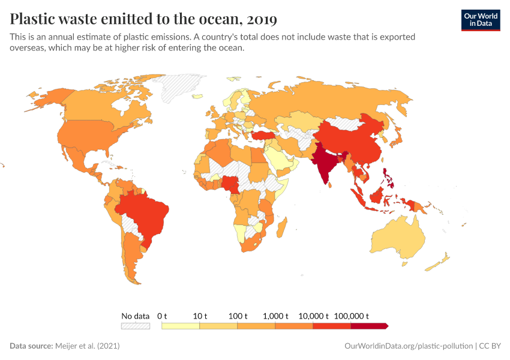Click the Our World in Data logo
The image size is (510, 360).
tap(480, 19)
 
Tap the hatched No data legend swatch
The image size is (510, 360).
tap(135, 326)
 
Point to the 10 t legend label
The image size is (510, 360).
tap(200, 316)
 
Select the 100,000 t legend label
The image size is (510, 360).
tap(351, 316)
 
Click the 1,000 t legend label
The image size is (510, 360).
tap(275, 316)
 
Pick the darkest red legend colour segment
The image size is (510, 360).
tap(369, 326)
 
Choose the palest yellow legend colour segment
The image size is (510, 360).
tap(181, 326)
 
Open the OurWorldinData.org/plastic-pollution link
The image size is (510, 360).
tap(409, 346)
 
